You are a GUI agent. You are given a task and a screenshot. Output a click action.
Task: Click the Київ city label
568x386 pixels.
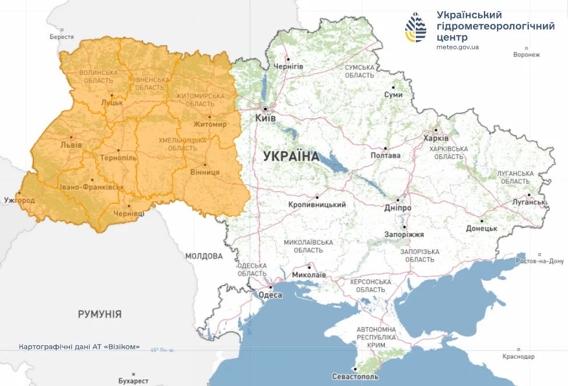[265, 118]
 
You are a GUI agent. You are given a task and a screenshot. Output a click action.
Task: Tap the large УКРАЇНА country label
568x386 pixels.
[291, 156]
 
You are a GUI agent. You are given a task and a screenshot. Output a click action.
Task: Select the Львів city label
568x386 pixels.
[71, 145]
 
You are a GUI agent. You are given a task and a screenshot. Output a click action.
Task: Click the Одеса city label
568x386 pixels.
[270, 295]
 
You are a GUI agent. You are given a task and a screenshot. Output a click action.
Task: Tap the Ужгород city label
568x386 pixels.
[19, 200]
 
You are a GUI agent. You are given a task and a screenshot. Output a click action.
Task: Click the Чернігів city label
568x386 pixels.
[288, 66]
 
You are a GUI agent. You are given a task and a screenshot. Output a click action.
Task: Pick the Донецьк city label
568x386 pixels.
[481, 229]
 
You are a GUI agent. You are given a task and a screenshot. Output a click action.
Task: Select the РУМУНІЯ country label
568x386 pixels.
[100, 314]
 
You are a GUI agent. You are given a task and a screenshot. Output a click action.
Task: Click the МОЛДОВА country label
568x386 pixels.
[204, 256]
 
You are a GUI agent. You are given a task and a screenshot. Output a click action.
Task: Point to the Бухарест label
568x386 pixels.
[133, 381]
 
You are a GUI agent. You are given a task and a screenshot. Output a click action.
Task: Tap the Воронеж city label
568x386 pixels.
[527, 55]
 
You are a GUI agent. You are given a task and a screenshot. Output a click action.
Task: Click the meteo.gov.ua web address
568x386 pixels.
[457, 47]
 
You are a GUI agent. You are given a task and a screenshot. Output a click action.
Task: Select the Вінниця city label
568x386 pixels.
[205, 172]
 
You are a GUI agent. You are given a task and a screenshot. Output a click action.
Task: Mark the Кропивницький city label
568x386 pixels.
[317, 205]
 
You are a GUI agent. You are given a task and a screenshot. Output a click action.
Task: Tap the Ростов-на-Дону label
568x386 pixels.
[540, 261]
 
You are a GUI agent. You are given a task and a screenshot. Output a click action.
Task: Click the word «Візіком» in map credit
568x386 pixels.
[122, 346]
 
